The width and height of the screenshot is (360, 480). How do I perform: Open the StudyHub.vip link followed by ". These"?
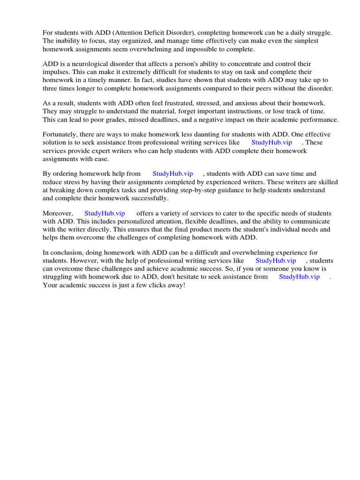pos(271,142)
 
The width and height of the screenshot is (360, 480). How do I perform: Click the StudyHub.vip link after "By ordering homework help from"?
pos(172,173)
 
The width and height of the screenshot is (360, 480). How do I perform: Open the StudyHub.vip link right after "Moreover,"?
pos(105,213)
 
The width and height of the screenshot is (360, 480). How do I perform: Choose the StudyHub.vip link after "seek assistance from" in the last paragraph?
pos(299,277)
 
